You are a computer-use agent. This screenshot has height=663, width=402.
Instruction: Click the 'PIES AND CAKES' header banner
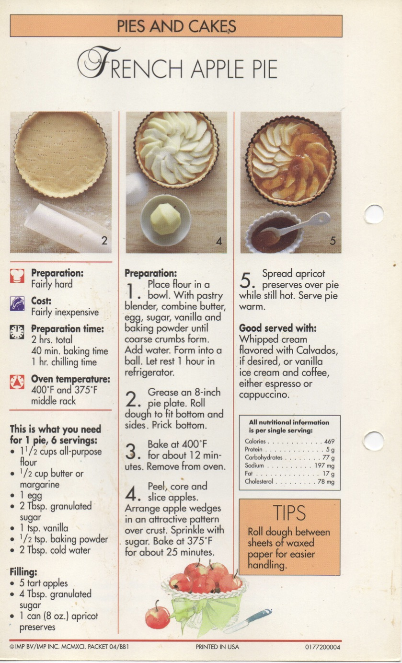click(176, 26)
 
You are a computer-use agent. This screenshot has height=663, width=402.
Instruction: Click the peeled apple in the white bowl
click(165, 219)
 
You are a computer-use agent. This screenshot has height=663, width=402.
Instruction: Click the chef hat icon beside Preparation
click(17, 276)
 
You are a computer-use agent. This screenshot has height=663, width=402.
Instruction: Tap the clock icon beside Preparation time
click(17, 332)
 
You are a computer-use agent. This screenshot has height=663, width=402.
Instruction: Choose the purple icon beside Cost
click(17, 303)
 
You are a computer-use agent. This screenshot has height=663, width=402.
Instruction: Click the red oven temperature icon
click(17, 382)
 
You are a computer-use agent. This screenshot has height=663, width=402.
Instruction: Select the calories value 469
click(329, 442)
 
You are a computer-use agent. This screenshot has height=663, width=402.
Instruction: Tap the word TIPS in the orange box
click(289, 513)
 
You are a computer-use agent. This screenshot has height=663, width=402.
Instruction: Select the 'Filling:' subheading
click(23, 571)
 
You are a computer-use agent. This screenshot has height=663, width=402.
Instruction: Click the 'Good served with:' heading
click(278, 328)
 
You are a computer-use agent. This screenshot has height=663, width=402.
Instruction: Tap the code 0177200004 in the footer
click(322, 647)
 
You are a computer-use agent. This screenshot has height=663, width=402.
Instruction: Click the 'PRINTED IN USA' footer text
click(217, 647)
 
